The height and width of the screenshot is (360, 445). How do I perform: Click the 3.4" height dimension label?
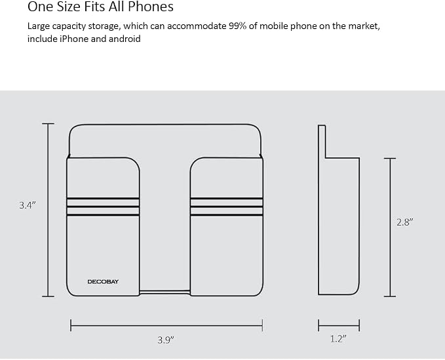(28, 205)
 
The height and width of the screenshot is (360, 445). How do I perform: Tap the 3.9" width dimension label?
(166, 340)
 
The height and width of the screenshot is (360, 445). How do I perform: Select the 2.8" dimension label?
(405, 222)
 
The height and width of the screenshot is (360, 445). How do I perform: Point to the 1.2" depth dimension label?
(339, 339)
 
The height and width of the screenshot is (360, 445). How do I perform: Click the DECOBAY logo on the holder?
(103, 282)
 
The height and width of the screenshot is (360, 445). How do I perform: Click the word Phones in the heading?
(151, 7)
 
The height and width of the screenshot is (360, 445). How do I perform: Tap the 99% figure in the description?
(237, 26)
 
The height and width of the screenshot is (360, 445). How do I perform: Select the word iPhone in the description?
(74, 39)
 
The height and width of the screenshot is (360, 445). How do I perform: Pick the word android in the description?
(125, 39)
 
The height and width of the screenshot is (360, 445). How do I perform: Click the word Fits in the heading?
(90, 7)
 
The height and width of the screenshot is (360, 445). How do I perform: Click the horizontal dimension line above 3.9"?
(166, 325)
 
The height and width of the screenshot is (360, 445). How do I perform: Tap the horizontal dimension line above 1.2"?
(339, 325)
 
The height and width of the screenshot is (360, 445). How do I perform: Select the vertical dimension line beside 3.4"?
(48, 210)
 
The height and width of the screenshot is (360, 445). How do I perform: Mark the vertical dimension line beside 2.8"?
(390, 228)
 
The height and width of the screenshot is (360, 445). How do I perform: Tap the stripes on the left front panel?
(103, 207)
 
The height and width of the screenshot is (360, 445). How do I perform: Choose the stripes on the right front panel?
(227, 207)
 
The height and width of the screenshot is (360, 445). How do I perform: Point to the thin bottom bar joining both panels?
(164, 292)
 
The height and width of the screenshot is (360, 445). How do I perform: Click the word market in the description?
(364, 26)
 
